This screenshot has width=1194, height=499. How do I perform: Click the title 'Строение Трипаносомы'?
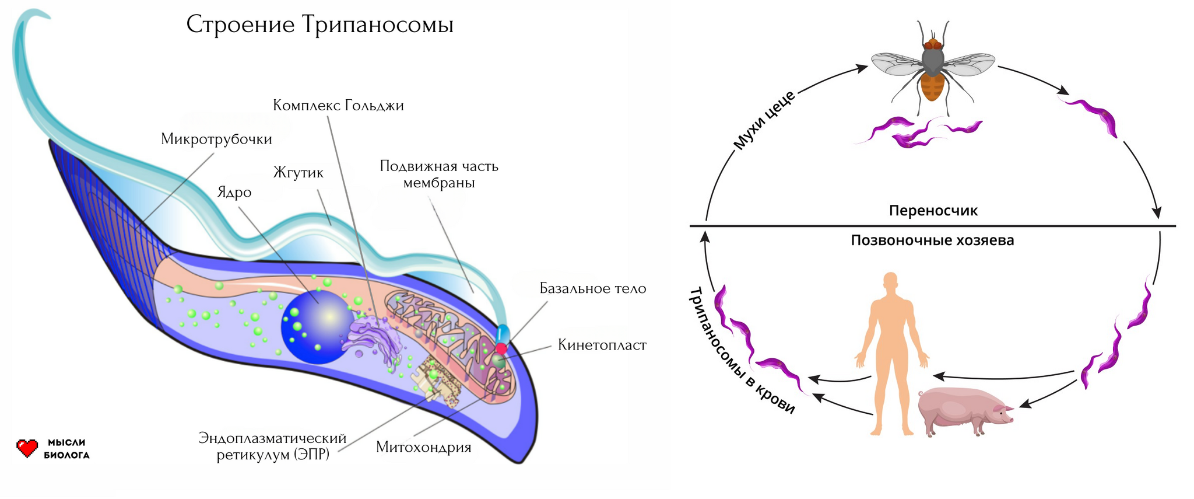pos(319,25)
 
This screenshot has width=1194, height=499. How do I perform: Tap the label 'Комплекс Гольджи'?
pos(338,106)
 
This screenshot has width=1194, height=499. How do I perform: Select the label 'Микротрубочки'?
pos(216,139)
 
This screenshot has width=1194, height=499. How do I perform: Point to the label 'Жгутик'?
pos(298,173)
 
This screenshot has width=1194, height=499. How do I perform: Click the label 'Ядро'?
pos(234,192)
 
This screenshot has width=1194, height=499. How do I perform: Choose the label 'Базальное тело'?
pos(592,288)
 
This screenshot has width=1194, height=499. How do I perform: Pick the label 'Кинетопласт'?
pos(602,345)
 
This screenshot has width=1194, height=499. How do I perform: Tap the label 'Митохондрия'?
pos(423,447)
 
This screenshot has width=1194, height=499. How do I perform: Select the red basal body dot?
pos(501,348)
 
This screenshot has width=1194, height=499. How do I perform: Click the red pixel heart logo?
pos(27,448)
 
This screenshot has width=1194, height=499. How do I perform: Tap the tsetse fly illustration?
pos(932,67)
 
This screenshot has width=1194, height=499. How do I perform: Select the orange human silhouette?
pos(890,350)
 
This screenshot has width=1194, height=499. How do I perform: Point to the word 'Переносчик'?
pos(933,211)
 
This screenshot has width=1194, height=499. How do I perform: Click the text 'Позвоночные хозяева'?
pos(932,240)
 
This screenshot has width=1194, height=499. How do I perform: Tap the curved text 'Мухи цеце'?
pos(764,120)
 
